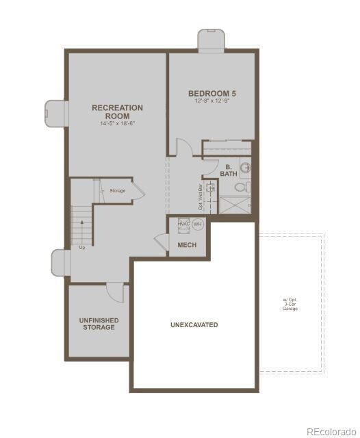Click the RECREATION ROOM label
117,112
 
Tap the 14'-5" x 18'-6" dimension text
117,124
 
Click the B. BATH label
228,170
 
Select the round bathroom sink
246,166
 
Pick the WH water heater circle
198,224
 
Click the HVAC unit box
183,224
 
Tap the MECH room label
187,244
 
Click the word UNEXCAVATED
194,324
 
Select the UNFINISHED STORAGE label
99,324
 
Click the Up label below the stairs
82,247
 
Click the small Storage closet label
118,190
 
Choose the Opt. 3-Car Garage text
290,304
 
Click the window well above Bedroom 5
211,40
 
